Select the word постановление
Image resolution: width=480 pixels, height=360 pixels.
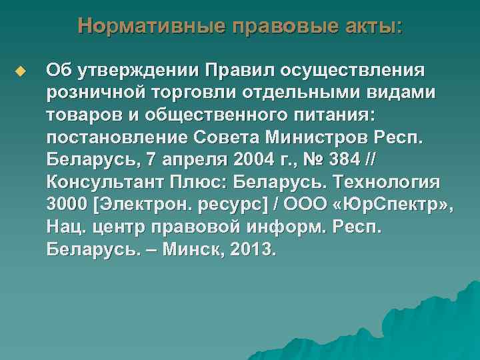pyautogui.click(x=120, y=139)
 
